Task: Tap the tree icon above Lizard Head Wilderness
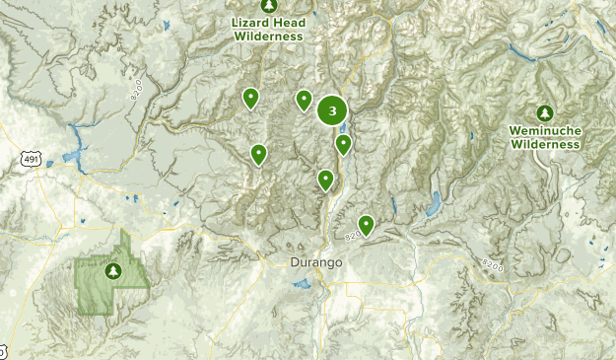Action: point(269,6)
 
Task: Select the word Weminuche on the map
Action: point(544,130)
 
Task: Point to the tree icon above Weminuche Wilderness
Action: point(544,112)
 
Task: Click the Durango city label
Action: point(316,262)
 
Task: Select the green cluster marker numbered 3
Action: point(332,110)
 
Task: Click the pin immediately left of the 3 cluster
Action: point(304,100)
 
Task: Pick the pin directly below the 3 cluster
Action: point(343,145)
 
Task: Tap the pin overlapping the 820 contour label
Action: point(366,225)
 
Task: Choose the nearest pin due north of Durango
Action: point(325,180)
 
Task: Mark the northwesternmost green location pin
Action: point(251,98)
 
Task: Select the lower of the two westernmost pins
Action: point(258,154)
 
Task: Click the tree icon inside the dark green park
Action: point(112,270)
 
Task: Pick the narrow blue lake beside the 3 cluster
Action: point(343,128)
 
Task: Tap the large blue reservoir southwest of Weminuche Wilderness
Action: point(433,205)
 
